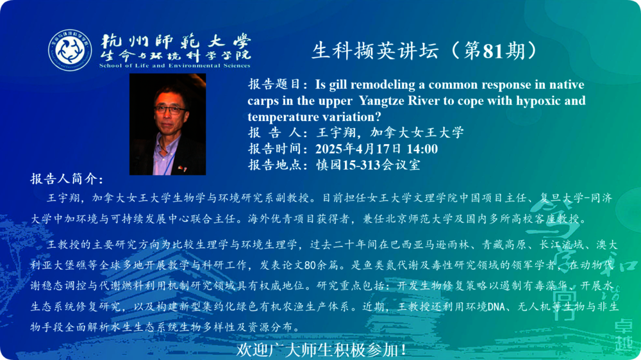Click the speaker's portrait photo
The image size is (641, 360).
point(167,124)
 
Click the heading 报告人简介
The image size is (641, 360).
point(67,179)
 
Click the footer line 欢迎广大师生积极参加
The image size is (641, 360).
point(321,350)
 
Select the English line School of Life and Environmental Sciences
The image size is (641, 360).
point(175,65)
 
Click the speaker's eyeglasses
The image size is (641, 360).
point(170,110)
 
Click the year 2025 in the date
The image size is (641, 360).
point(329,149)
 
